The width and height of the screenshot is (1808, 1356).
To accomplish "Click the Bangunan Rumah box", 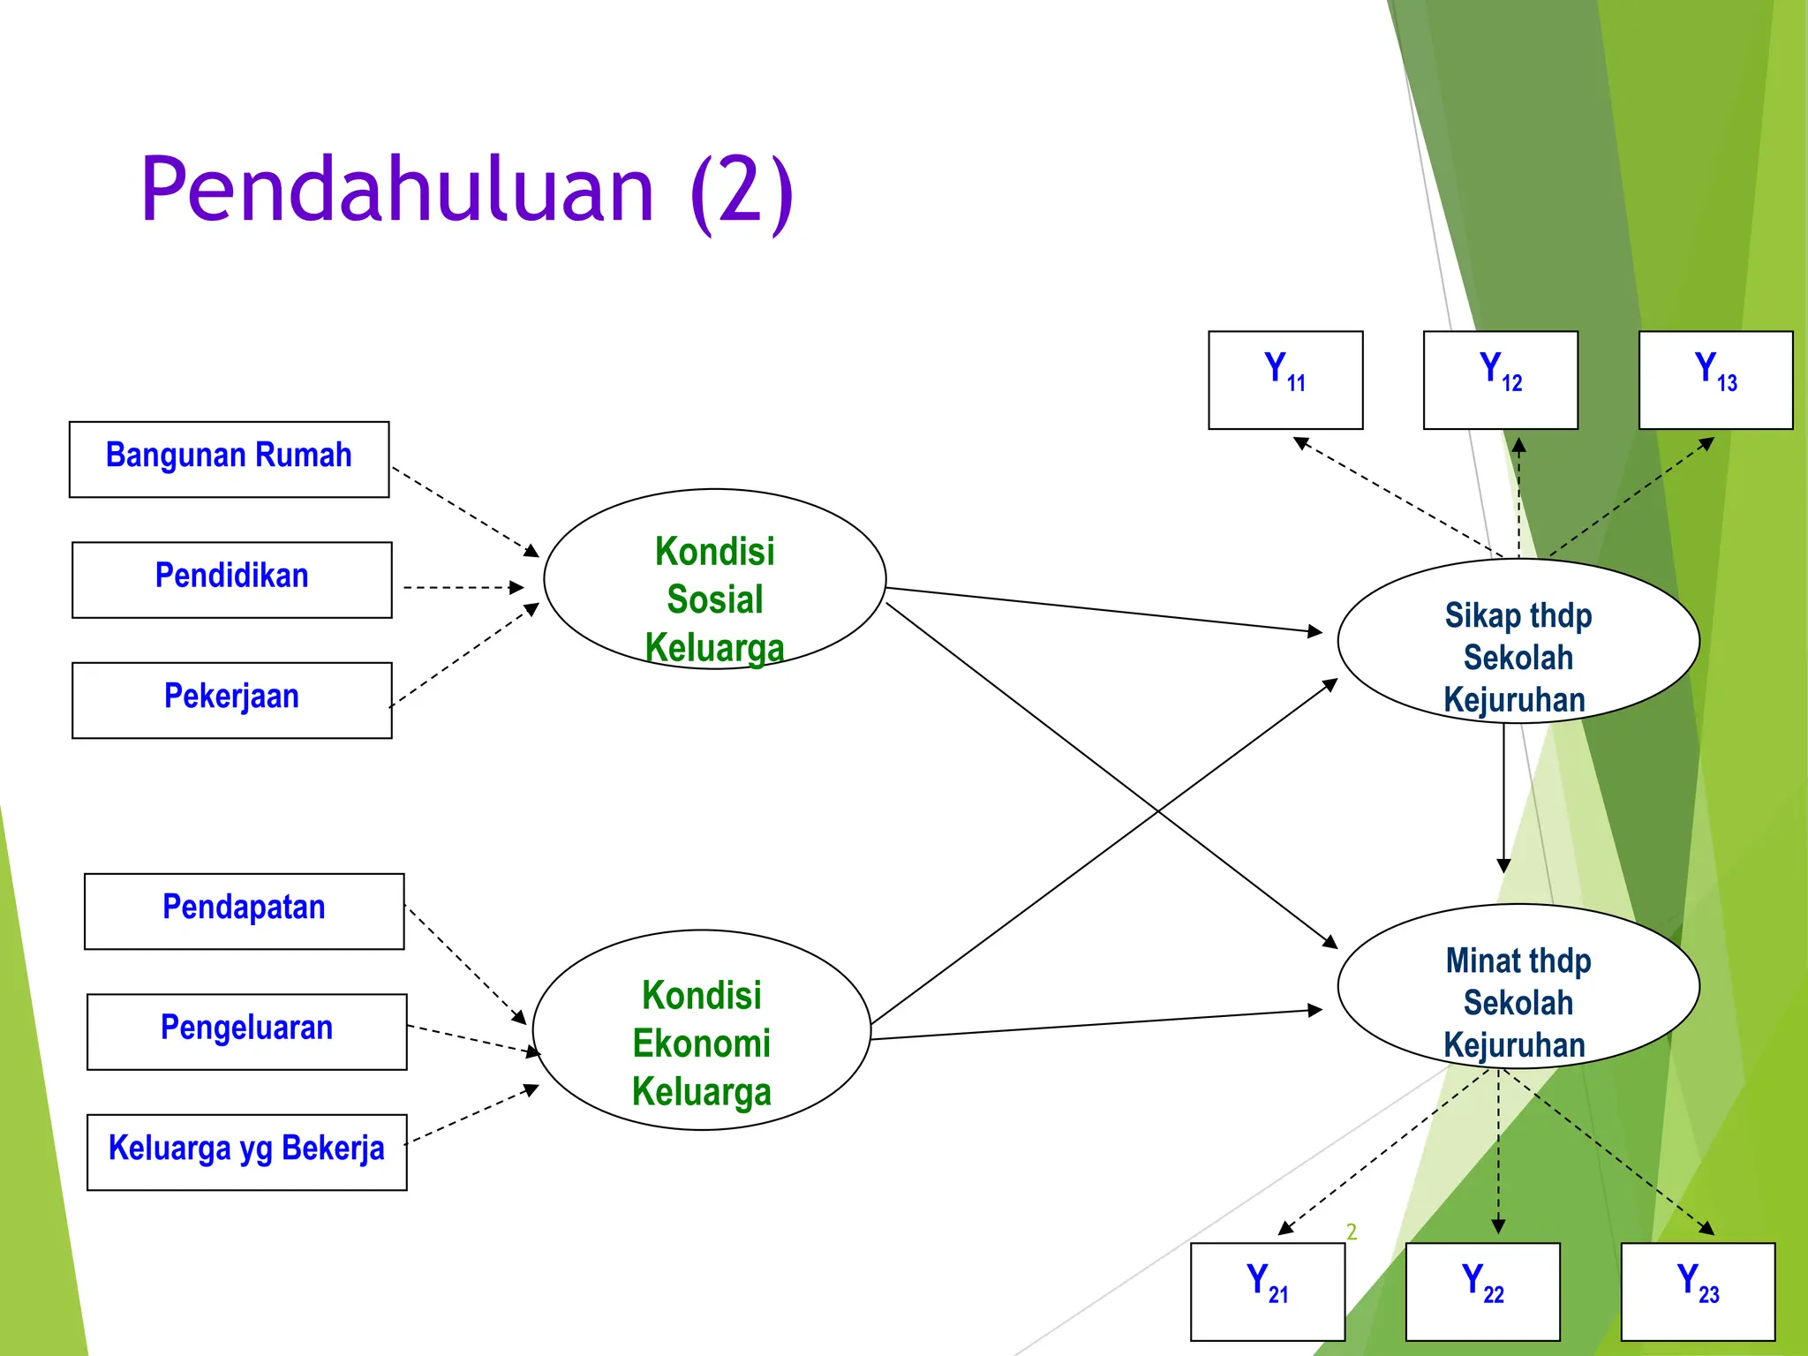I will pyautogui.click(x=229, y=459).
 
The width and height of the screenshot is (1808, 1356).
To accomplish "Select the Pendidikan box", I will pyautogui.click(x=231, y=579).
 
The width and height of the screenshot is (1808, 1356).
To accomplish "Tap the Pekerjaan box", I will pyautogui.click(x=231, y=700).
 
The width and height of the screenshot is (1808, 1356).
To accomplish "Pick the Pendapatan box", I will pyautogui.click(x=244, y=911).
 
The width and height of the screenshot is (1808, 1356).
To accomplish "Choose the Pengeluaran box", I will pyautogui.click(x=246, y=1031).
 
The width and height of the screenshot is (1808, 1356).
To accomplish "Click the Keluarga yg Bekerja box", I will pyautogui.click(x=246, y=1152).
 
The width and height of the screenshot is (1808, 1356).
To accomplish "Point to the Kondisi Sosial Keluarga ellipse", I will pyautogui.click(x=714, y=579).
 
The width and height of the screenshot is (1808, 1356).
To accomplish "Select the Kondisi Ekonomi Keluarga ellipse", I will pyautogui.click(x=702, y=1029).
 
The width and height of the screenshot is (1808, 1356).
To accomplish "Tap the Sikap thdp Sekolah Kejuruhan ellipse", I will pyautogui.click(x=1518, y=641).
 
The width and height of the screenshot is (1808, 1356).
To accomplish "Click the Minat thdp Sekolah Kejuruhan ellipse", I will pyautogui.click(x=1518, y=986).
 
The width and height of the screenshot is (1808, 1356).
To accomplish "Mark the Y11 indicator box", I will pyautogui.click(x=1285, y=380).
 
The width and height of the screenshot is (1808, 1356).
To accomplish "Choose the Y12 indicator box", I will pyautogui.click(x=1501, y=380).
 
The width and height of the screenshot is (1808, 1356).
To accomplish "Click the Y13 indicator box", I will pyautogui.click(x=1715, y=380).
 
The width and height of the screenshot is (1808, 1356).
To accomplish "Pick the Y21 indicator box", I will pyautogui.click(x=1268, y=1292).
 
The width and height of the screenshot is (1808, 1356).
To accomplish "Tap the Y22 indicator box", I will pyautogui.click(x=1482, y=1292).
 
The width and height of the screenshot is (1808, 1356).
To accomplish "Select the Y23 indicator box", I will pyautogui.click(x=1698, y=1292).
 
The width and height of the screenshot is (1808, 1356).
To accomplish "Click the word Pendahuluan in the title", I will pyautogui.click(x=397, y=190).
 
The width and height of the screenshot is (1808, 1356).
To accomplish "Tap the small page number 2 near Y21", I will pyautogui.click(x=1351, y=1232).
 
